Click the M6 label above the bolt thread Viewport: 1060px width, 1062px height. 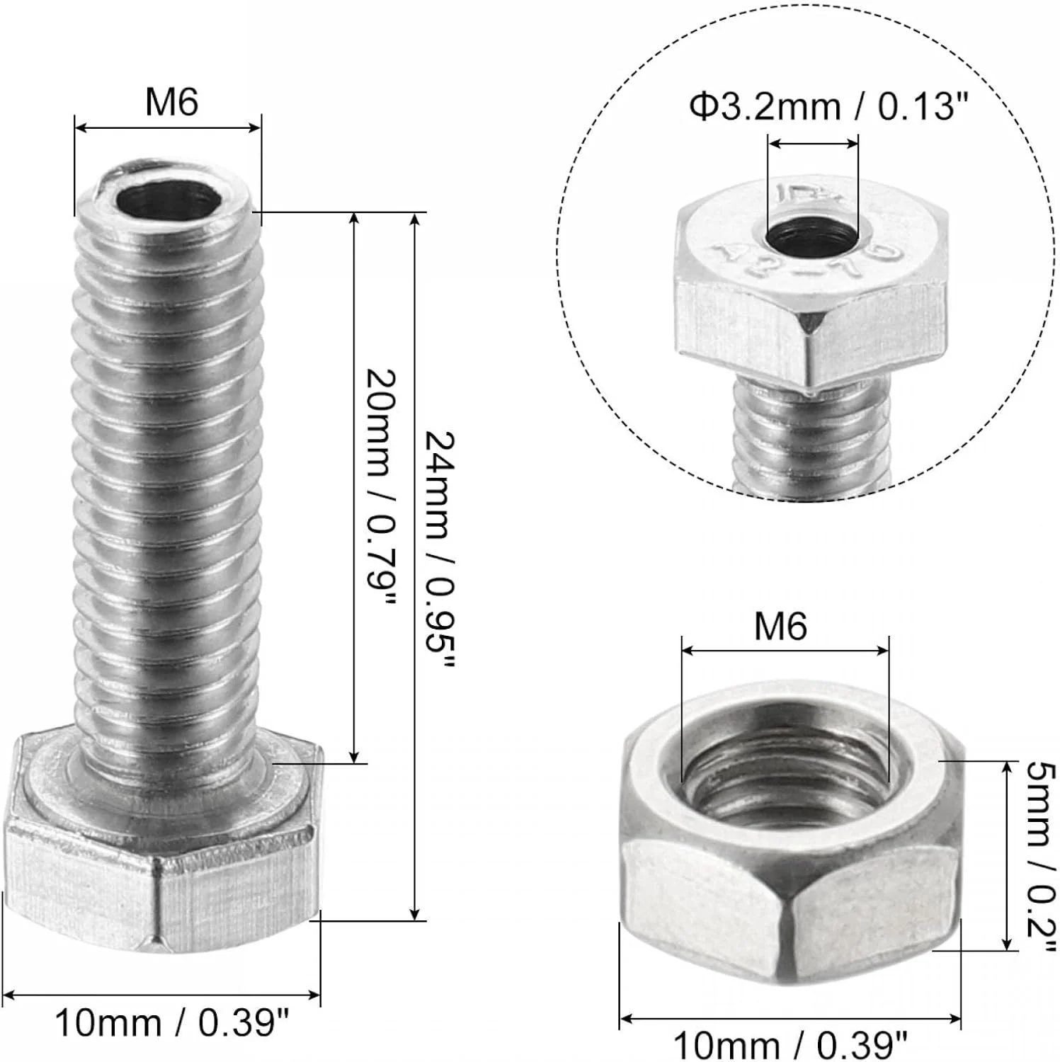click(x=171, y=103)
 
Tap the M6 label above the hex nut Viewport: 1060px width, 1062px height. click(x=780, y=627)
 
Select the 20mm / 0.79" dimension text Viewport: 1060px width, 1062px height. click(x=380, y=489)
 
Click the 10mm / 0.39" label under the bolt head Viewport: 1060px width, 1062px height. click(x=172, y=1023)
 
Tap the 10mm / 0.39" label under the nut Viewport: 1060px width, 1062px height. click(x=790, y=1044)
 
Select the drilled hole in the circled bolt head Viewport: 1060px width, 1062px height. click(x=813, y=236)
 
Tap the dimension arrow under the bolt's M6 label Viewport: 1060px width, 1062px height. click(x=168, y=128)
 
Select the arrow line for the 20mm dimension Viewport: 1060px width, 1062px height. click(x=354, y=489)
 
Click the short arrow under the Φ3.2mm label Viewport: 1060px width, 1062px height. click(x=813, y=144)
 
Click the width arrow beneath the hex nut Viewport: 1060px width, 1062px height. click(x=790, y=1020)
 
